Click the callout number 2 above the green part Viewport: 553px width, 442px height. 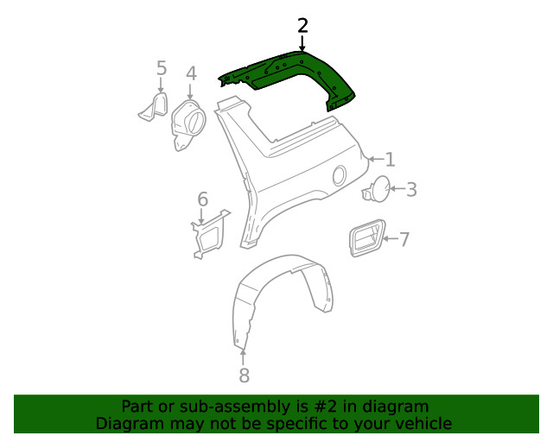click(x=302, y=25)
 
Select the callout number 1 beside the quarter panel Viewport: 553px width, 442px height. click(x=391, y=160)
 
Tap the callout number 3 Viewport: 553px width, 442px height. click(x=411, y=190)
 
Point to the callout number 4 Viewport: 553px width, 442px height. click(x=191, y=73)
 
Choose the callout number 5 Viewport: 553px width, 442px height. click(x=162, y=67)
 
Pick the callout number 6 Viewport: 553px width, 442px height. click(x=203, y=200)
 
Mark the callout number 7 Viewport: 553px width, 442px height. click(x=404, y=239)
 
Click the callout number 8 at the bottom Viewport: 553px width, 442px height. click(x=244, y=375)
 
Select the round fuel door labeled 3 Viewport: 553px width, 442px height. click(x=376, y=189)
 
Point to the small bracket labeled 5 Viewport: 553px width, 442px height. click(x=155, y=107)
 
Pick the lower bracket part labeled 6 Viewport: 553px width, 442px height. click(x=207, y=231)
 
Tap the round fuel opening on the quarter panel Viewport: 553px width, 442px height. click(x=340, y=175)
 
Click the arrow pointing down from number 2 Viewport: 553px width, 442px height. click(x=302, y=42)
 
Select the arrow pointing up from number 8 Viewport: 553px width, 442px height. click(x=244, y=354)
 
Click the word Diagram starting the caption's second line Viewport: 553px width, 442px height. click(x=129, y=423)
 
